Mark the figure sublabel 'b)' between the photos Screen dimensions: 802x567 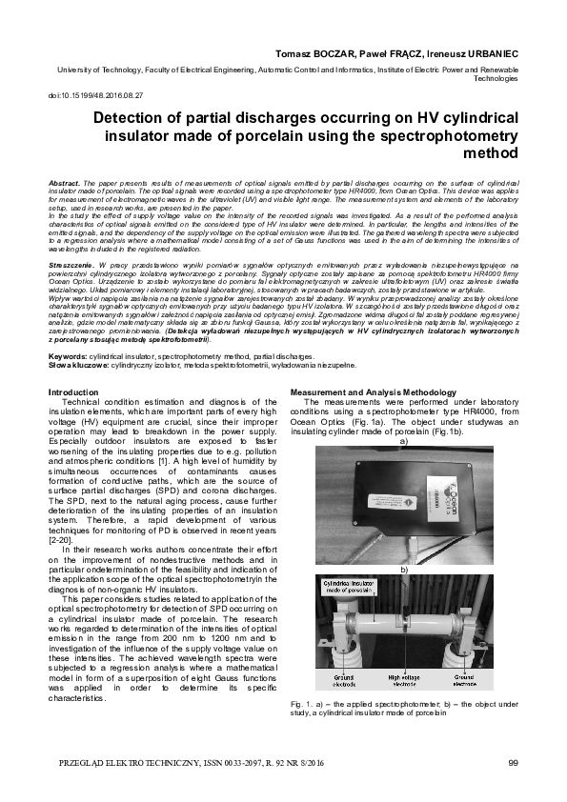(x=404, y=568)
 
